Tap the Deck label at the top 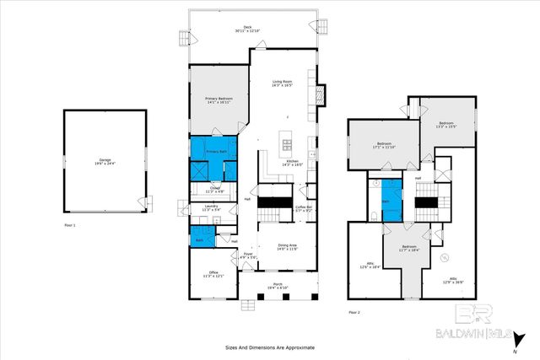click(247, 29)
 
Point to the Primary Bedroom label click(219, 100)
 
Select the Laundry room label click(212, 208)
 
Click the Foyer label click(248, 256)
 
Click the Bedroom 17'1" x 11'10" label click(384, 145)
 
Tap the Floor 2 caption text click(354, 312)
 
